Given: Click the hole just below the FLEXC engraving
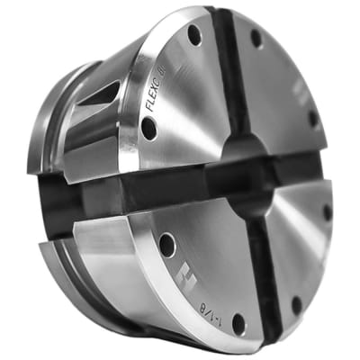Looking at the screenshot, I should point(148,129).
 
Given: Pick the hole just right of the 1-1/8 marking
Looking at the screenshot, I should point(238,319).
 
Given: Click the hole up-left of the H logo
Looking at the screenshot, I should point(166,244).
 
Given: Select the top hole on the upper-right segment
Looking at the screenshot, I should point(256,38).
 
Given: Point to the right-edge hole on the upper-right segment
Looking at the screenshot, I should point(313,117).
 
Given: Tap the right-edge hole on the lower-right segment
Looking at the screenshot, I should point(328,212).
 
